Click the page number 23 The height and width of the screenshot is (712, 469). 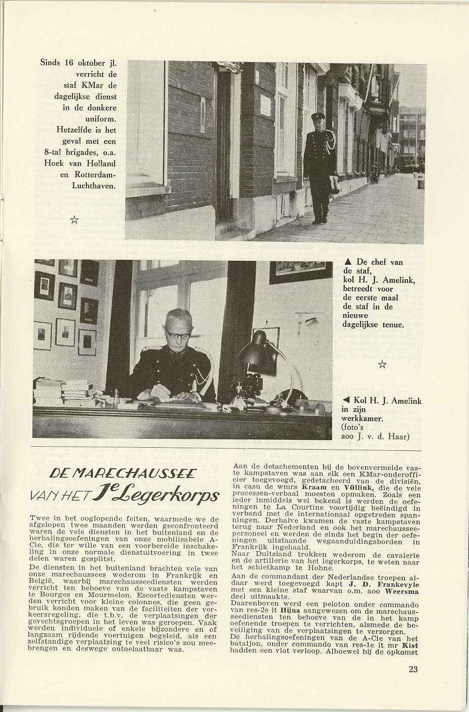tap(412, 670)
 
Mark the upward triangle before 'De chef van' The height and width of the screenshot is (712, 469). tap(347, 262)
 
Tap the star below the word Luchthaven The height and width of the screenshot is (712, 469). tap(74, 219)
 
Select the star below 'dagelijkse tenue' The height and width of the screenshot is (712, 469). tap(383, 364)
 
